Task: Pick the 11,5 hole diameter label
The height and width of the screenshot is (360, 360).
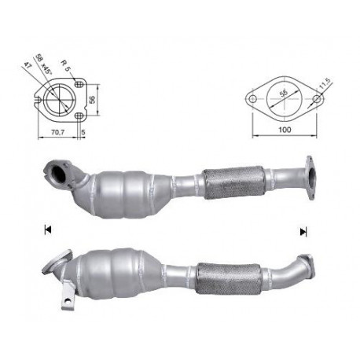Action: pyautogui.click(x=323, y=82)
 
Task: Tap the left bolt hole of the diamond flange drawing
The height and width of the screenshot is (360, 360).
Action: pyautogui.click(x=253, y=100)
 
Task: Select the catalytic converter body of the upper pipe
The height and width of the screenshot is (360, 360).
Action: pyautogui.click(x=126, y=187)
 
